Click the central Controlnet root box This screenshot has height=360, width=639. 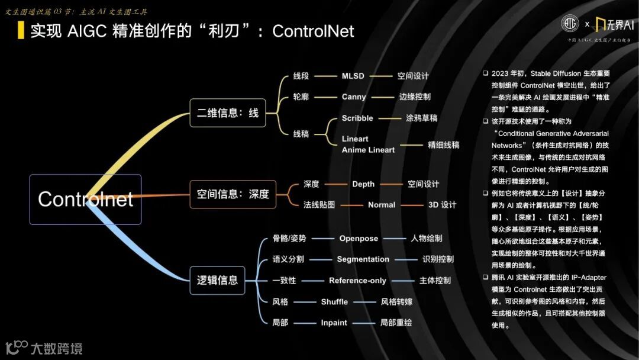85,199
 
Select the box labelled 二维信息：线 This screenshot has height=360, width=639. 228,112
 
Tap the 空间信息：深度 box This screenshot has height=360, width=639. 233,194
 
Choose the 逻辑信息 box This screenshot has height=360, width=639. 217,280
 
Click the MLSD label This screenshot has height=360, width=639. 353,76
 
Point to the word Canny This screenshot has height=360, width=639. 354,97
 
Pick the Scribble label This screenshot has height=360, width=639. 357,118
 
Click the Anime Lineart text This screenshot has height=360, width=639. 368,150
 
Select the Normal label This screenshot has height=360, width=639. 381,205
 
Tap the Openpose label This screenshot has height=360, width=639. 359,239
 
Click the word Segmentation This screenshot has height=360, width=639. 363,259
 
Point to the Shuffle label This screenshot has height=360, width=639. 334,302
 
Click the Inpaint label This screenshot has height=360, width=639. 334,323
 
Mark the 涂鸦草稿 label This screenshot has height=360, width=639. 421,118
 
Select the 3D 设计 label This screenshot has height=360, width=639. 442,205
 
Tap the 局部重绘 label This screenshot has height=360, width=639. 396,323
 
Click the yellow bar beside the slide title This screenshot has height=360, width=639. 21,30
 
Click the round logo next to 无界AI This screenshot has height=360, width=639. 570,24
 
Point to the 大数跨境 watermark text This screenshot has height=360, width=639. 57,348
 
